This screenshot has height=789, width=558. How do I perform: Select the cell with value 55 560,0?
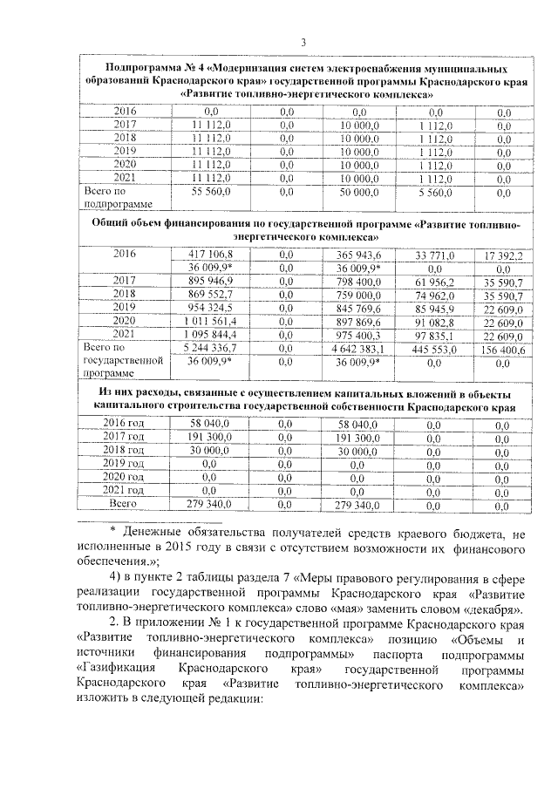coord(209,190)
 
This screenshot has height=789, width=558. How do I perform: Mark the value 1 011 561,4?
coord(209,322)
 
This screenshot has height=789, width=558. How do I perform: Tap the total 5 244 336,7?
coord(209,348)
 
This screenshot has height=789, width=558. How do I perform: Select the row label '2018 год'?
coord(124,450)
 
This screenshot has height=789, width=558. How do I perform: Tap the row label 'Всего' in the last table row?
coord(124,504)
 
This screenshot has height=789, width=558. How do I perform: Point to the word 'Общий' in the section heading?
coord(112,223)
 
